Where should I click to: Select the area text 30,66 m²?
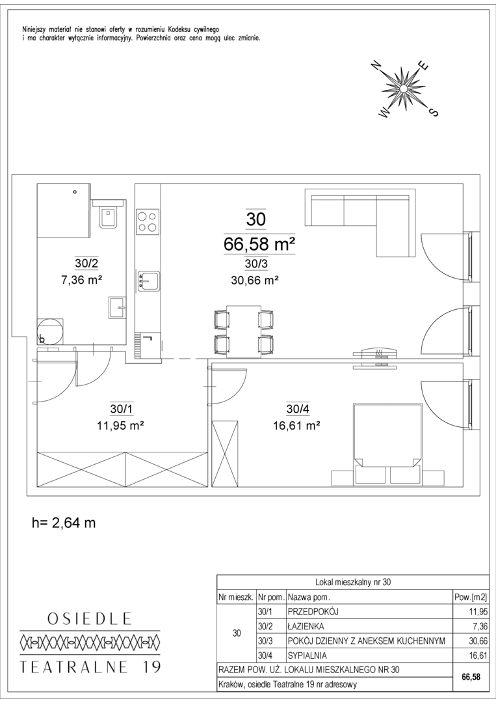(x=255, y=280)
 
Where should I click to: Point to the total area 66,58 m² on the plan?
(x=259, y=244)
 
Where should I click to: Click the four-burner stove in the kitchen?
(x=148, y=221)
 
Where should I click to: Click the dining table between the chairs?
(x=243, y=332)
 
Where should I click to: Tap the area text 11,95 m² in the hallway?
(x=120, y=425)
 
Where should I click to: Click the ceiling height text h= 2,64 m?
(x=64, y=522)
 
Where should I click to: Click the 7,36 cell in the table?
(x=480, y=626)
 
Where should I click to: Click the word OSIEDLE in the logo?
(x=90, y=619)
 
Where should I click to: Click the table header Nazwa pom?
(x=309, y=597)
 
